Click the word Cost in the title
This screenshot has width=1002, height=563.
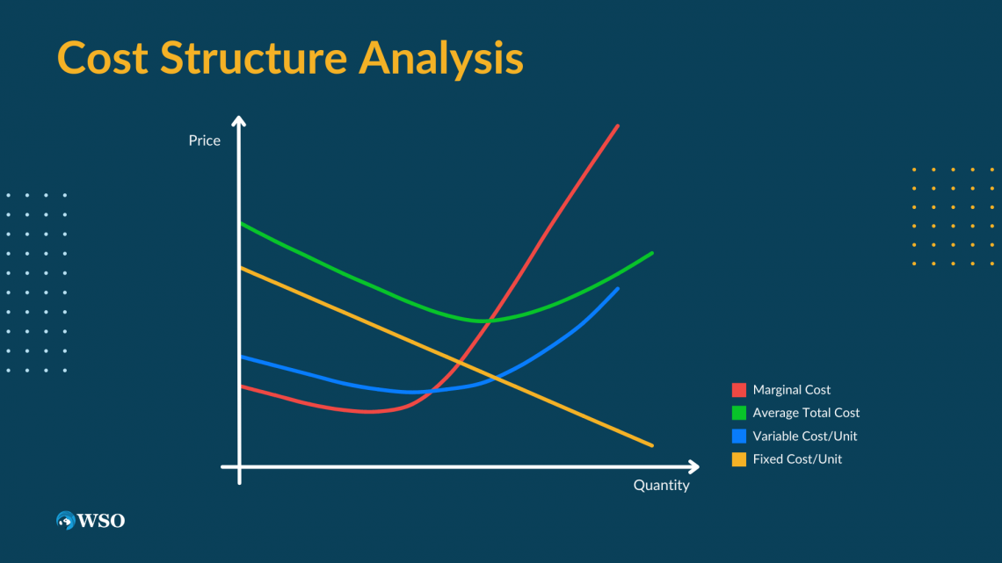(103, 57)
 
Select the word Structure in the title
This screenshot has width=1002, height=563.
(254, 57)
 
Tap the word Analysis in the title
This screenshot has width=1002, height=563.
(441, 59)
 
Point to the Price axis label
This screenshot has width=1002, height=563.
(205, 141)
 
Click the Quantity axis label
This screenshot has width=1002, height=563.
(661, 485)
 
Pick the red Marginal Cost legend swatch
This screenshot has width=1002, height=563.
(738, 390)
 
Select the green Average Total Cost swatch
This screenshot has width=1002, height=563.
(738, 413)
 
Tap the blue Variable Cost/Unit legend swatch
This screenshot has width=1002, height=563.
(738, 436)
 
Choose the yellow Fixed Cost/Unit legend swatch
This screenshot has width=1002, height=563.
(738, 459)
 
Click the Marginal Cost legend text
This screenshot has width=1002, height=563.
(792, 390)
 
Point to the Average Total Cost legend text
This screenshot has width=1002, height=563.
(807, 413)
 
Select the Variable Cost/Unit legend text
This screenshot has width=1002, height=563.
(805, 436)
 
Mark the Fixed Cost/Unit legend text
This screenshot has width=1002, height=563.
(797, 459)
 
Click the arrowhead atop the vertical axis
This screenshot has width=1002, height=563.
(239, 120)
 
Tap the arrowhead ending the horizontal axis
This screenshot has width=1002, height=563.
(694, 466)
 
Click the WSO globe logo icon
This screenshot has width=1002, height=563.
(65, 520)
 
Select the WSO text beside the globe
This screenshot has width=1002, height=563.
(101, 521)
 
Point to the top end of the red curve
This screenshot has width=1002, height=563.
(617, 126)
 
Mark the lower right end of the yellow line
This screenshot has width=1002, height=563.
(652, 445)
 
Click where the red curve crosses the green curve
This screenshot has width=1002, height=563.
(489, 320)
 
